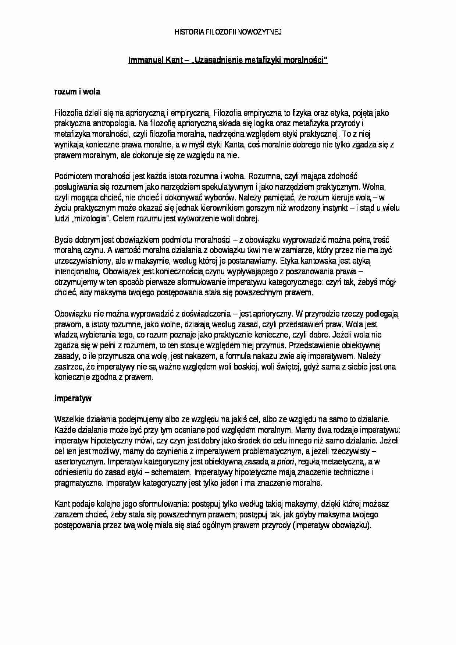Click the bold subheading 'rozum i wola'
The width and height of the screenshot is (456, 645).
[77, 92]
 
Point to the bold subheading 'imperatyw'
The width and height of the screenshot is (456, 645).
[73, 398]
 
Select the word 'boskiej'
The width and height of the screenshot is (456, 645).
[256, 367]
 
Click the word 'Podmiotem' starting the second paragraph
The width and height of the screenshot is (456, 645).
[71, 177]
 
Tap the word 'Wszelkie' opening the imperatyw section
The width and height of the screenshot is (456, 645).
[68, 419]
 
